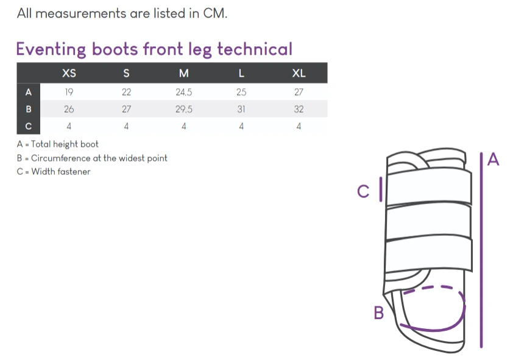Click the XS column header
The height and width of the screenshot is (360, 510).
(x=69, y=73)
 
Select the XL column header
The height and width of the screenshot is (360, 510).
(x=299, y=73)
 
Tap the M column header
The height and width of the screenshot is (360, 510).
(x=184, y=73)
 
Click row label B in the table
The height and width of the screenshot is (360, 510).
(x=29, y=109)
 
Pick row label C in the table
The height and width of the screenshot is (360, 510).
(x=29, y=126)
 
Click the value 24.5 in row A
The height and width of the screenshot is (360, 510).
(x=184, y=92)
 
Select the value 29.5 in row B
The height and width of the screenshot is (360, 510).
(x=184, y=109)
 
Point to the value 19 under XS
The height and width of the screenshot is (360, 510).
(x=69, y=92)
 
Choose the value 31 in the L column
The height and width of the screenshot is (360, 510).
(x=241, y=109)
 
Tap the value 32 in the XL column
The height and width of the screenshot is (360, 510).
(x=299, y=109)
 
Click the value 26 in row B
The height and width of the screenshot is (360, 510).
(x=69, y=109)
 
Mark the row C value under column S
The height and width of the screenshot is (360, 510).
(x=126, y=126)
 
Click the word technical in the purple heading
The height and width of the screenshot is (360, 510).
(x=255, y=49)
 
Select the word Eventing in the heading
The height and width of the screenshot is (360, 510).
(x=51, y=50)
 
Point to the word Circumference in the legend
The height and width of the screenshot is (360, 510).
(x=61, y=158)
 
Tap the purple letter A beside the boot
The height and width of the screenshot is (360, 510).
(x=493, y=160)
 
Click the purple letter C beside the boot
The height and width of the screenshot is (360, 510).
(x=363, y=191)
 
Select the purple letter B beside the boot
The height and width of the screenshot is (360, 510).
(x=379, y=313)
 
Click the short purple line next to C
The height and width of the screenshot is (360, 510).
(x=381, y=189)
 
